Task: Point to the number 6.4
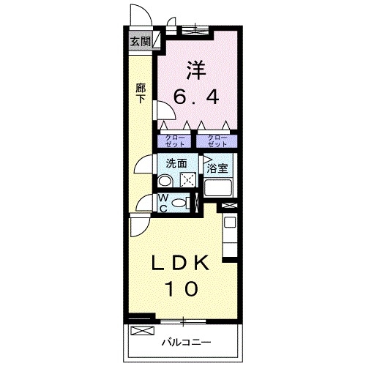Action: (196, 97)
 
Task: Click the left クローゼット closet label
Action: (173, 139)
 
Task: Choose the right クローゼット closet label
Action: (216, 139)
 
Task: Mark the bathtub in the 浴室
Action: (220, 188)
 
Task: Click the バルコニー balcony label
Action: (186, 342)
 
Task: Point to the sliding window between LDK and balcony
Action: (183, 320)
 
